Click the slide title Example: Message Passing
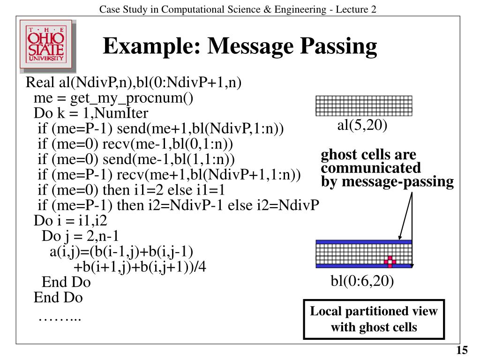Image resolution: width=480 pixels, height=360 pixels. tap(240, 46)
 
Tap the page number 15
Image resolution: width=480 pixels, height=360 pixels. tap(462, 351)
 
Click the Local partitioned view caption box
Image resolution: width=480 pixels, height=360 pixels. tap(374, 319)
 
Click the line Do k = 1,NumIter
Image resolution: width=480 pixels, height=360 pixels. tap(91, 113)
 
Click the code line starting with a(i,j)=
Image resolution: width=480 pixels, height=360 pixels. tap(121, 252)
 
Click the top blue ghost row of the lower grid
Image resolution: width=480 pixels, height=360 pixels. tap(364, 242)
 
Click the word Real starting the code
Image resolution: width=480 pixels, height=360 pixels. tap(40, 83)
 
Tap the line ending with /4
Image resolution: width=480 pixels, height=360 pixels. tap(140, 267)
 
